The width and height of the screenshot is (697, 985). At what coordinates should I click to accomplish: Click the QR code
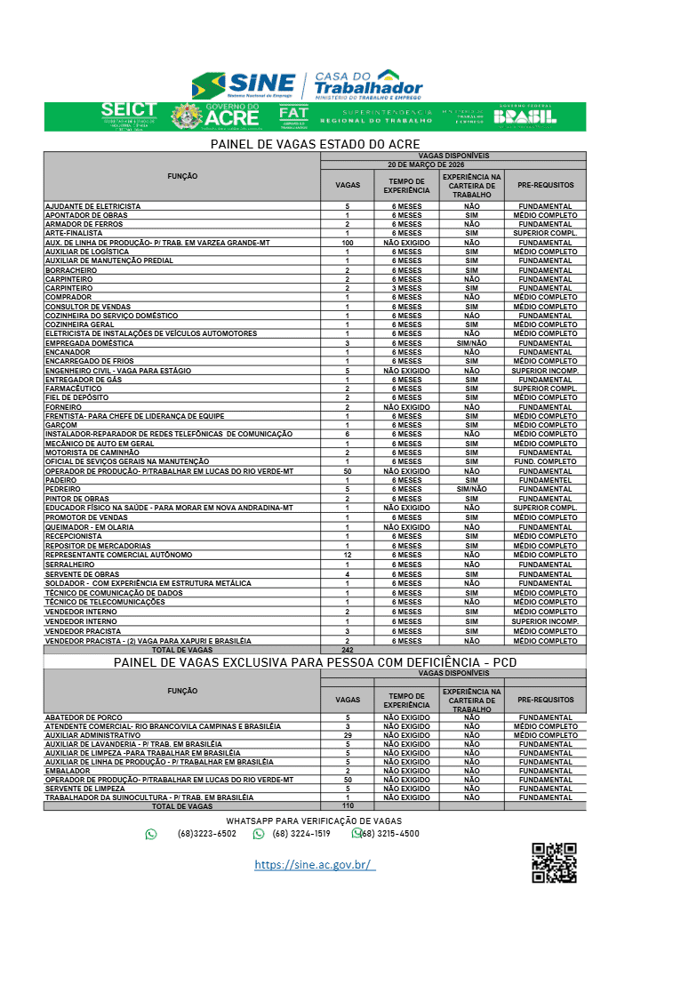coord(554,863)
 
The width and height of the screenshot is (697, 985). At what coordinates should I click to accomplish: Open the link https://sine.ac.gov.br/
coord(315,865)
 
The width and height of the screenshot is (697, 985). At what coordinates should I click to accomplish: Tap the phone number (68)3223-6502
coord(206,834)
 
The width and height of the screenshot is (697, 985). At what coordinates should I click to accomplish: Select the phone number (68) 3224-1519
coord(301,834)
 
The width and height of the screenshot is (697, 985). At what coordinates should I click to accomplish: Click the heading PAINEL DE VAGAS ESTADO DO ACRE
coord(315,144)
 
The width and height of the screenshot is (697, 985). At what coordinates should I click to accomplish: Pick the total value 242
coord(347,650)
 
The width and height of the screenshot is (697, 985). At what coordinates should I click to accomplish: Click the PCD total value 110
coord(347,805)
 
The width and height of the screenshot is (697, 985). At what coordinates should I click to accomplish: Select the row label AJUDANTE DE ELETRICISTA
coord(93,206)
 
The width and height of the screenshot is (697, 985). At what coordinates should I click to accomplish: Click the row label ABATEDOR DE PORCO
coord(84,717)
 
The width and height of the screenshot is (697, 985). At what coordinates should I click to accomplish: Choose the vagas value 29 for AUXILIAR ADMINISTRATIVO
coord(347,735)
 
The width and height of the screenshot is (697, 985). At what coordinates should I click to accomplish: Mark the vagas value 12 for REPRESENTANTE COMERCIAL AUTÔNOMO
coord(347,555)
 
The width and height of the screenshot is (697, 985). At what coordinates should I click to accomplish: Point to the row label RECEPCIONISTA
coord(74,536)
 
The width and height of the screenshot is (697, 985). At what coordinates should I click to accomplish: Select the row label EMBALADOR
coord(68,771)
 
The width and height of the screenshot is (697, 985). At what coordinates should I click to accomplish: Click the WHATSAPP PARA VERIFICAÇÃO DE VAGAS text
coord(315,821)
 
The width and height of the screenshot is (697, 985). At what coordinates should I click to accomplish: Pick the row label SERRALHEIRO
coord(70,565)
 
